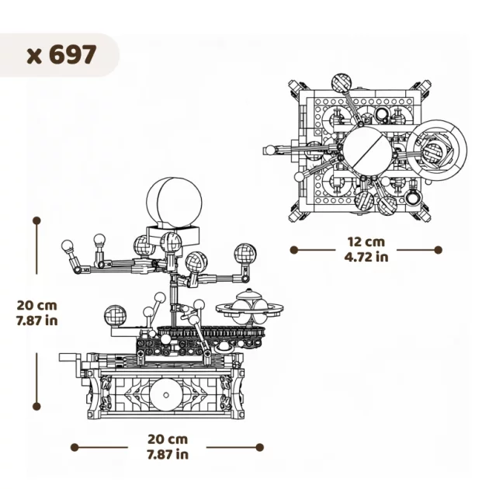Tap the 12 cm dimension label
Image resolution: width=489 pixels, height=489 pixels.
pos(366,241)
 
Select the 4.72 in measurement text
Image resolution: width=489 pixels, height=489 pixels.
pos(366,257)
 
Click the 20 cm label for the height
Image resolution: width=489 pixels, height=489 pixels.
pos(36,305)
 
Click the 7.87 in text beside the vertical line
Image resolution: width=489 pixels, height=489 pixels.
pos(36,320)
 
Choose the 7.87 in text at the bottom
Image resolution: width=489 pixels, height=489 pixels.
pos(167,454)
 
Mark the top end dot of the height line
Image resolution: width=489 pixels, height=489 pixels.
pos(36,220)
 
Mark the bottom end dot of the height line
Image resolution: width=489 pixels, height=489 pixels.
pos(36,405)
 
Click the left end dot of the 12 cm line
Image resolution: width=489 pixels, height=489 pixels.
pos(293,250)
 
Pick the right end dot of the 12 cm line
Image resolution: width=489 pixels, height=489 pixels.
pos(438,250)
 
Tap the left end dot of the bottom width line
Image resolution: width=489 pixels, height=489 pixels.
pos(75,447)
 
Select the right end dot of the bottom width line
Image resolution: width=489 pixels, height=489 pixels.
pos(259,447)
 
